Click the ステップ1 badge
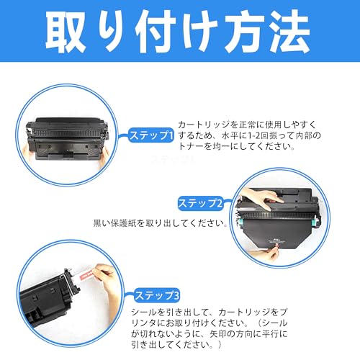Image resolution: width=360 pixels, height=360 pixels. [150, 135]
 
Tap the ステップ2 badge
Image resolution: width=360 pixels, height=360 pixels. [200, 204]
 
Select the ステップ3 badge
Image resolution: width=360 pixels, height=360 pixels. [157, 295]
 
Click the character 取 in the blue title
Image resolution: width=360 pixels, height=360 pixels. [66, 32]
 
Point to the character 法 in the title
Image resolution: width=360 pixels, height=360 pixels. [288, 32]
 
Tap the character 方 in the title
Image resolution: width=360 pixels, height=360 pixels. [243, 32]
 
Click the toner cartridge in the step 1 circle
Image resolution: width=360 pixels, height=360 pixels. [68, 139]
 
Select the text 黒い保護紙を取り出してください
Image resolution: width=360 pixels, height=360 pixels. [159, 223]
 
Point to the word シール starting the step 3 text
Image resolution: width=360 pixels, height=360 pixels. [144, 312]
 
